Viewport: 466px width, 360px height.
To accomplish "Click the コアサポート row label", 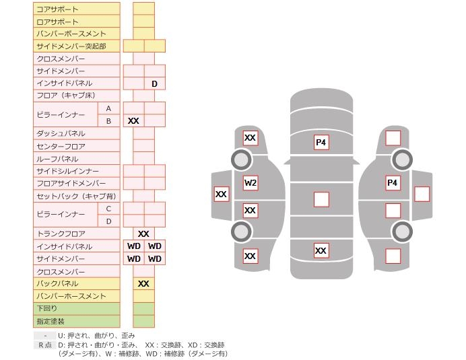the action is [57, 9].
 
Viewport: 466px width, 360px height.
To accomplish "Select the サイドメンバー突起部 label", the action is [71, 46].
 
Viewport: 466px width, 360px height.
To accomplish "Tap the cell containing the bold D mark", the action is [154, 83].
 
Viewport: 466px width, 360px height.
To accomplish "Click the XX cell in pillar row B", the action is [133, 120].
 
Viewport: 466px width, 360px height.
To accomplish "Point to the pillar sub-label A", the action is [108, 108].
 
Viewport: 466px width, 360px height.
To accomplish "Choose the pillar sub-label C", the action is [108, 209].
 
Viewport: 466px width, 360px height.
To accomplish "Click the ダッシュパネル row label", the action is [61, 134].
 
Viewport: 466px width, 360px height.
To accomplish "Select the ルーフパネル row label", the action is [57, 159].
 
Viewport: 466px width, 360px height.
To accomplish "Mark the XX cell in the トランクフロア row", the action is [143, 233].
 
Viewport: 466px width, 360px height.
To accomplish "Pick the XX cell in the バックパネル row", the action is [143, 284].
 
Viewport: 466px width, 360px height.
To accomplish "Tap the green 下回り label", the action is [46, 308].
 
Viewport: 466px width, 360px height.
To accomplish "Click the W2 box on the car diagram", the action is [251, 182].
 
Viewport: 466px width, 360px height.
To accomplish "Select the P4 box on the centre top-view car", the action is [321, 142].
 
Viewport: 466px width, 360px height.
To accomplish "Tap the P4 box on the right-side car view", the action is [393, 182].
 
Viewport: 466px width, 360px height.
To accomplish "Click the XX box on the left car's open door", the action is [222, 194].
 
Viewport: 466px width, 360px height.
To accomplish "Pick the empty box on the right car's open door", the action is [422, 194].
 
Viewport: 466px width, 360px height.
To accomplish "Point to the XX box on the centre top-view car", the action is [321, 250].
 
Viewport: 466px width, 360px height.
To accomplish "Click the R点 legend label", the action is [45, 345].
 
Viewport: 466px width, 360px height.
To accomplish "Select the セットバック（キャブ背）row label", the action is [76, 196].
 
